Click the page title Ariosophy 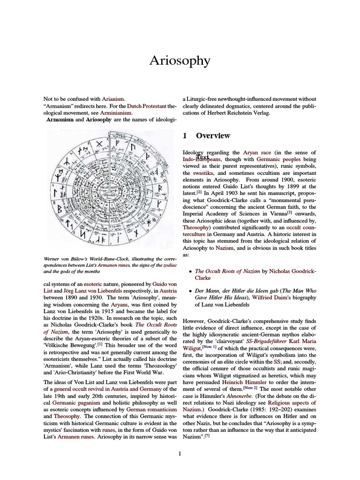(x=180, y=60)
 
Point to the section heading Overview (x=213, y=136)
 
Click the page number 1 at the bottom (x=180, y=453)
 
